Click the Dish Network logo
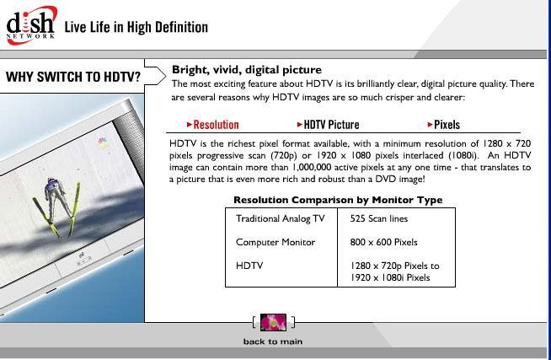[31, 25]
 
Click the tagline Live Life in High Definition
[136, 27]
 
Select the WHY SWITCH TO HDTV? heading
[73, 77]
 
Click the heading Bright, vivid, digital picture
[247, 70]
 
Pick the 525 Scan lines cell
[379, 218]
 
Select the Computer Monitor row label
[275, 242]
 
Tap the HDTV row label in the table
[249, 266]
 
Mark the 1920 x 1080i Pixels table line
[390, 277]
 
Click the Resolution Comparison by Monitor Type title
[338, 200]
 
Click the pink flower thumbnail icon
[273, 322]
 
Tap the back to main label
[273, 341]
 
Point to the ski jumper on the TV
[56, 207]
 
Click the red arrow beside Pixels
[431, 125]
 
